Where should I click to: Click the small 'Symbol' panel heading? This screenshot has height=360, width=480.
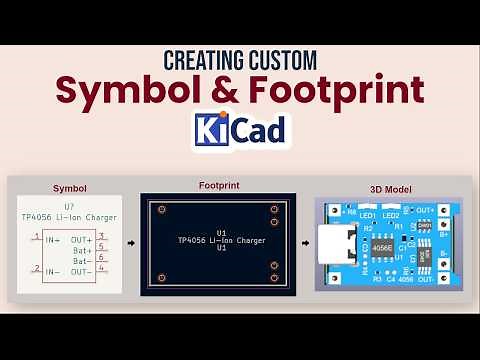click(69, 187)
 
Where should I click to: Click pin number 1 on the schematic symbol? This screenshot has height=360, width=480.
click(37, 236)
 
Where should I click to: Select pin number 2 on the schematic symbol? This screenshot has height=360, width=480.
click(37, 268)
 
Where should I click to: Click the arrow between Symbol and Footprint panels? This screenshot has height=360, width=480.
click(130, 243)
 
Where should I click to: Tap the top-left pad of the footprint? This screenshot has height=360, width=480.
click(159, 209)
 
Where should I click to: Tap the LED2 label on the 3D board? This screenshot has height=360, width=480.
click(390, 215)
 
